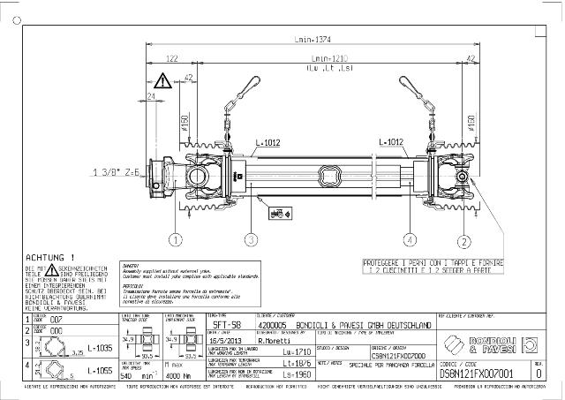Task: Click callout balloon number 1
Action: pyautogui.click(x=177, y=239)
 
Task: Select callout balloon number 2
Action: pyautogui.click(x=463, y=239)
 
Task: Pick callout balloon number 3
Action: pyautogui.click(x=251, y=239)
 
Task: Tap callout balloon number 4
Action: pyautogui.click(x=409, y=239)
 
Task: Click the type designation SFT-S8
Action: pyautogui.click(x=223, y=325)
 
